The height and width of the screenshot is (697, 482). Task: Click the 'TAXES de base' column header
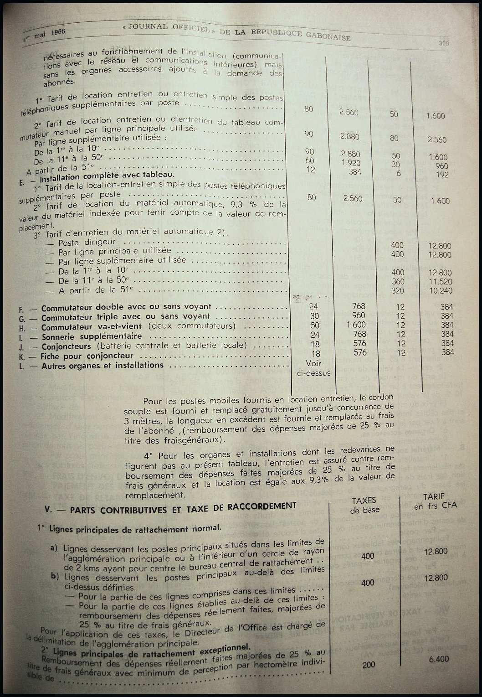(364, 505)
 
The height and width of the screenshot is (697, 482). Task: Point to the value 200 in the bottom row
(369, 665)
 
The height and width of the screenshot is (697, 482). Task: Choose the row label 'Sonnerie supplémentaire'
(91, 336)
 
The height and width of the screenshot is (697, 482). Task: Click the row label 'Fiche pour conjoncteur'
(87, 356)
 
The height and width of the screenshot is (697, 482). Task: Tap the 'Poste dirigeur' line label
(87, 243)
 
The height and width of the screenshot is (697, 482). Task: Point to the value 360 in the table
(397, 281)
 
